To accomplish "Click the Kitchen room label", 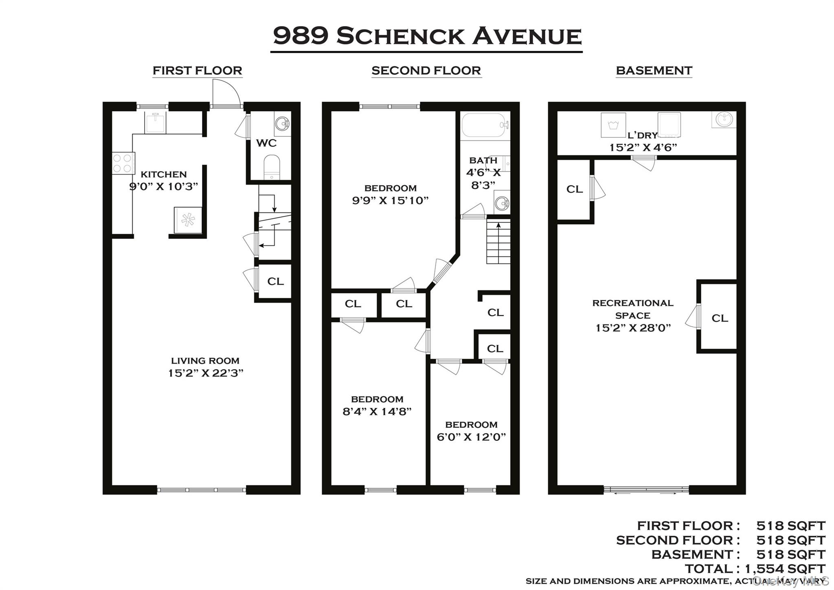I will click(x=163, y=174).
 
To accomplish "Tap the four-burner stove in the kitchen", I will click(x=123, y=163).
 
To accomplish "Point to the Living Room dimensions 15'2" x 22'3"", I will click(x=206, y=373).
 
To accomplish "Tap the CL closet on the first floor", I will click(x=275, y=282).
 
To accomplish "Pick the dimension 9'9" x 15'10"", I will click(x=390, y=200).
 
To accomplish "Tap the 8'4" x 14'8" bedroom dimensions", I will click(x=377, y=412).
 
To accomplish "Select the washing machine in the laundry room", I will click(x=613, y=125).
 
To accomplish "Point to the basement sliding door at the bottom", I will click(x=646, y=490).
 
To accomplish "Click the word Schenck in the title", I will click(x=400, y=36).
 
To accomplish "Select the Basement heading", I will click(x=654, y=70).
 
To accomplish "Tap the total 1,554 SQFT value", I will click(x=785, y=568).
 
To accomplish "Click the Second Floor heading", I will click(x=426, y=70).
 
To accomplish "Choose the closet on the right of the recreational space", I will click(x=720, y=318).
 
